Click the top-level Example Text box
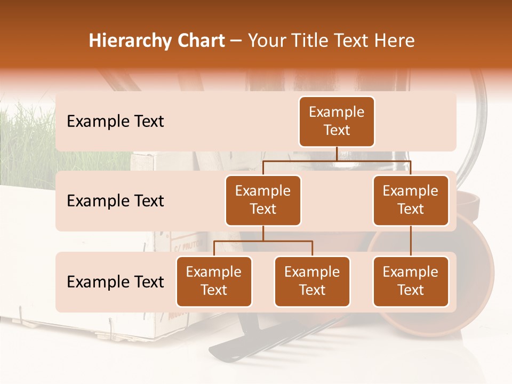pyautogui.click(x=337, y=121)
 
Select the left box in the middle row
pyautogui.click(x=263, y=200)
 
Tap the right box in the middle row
pyautogui.click(x=411, y=200)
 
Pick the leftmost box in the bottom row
pyautogui.click(x=214, y=281)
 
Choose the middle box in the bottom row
pyautogui.click(x=312, y=281)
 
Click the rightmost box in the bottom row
pyautogui.click(x=411, y=281)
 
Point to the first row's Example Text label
pyautogui.click(x=115, y=122)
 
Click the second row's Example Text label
pyautogui.click(x=115, y=201)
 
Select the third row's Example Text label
pyautogui.click(x=115, y=282)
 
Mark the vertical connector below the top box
pyautogui.click(x=337, y=154)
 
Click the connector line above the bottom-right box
pyautogui.click(x=411, y=241)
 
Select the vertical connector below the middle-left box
pyautogui.click(x=263, y=233)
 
